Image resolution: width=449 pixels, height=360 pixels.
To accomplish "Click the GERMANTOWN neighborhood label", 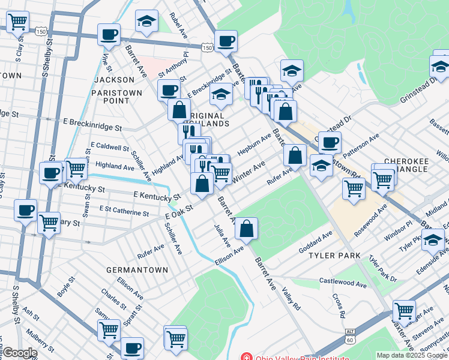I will click(137, 270).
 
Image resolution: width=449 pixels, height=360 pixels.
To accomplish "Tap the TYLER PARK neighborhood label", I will click(335, 256).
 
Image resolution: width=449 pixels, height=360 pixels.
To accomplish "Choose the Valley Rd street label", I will click(291, 298).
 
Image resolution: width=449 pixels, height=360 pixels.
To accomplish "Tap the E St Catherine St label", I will click(124, 212).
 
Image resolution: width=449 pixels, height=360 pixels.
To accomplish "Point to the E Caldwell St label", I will click(110, 146).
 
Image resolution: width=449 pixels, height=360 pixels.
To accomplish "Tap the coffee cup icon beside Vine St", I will click(109, 34).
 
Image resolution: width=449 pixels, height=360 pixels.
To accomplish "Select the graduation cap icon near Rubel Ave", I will click(146, 21).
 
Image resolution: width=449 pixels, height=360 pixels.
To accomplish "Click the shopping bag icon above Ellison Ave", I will click(246, 228).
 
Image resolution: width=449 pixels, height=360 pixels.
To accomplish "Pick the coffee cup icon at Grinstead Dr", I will click(329, 143).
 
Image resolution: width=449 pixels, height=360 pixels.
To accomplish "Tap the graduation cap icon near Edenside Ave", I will click(432, 240).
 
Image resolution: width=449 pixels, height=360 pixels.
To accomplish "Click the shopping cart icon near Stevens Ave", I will click(404, 311).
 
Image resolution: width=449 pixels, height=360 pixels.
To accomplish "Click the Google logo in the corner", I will click(19, 353).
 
